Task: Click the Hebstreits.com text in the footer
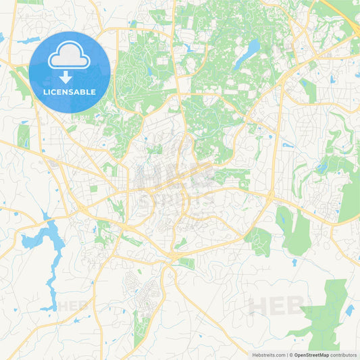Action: click(267, 354)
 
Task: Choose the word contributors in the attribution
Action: click(343, 354)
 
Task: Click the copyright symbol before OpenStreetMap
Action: click(290, 354)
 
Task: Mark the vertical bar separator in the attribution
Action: click(286, 354)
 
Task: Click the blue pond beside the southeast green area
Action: click(349, 311)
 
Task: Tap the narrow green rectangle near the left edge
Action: click(24, 136)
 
